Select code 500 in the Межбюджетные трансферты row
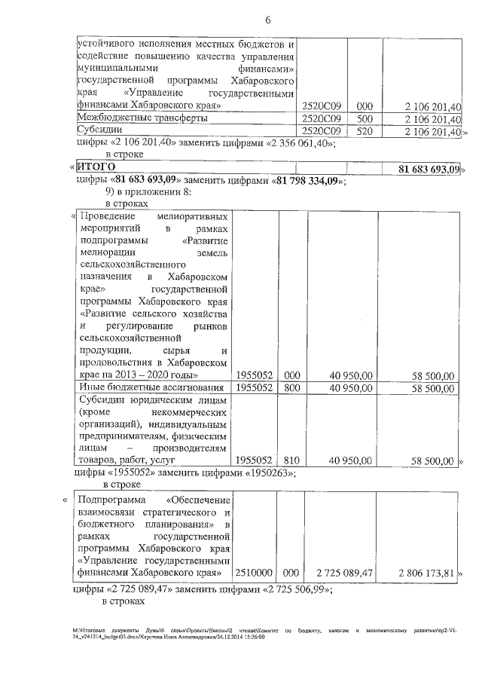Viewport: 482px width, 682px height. click(x=365, y=119)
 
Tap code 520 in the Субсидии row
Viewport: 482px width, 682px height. click(x=365, y=132)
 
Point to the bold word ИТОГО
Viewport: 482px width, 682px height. click(x=96, y=167)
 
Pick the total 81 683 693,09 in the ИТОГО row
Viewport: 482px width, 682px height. click(x=428, y=167)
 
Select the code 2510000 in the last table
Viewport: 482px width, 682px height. click(x=255, y=574)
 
